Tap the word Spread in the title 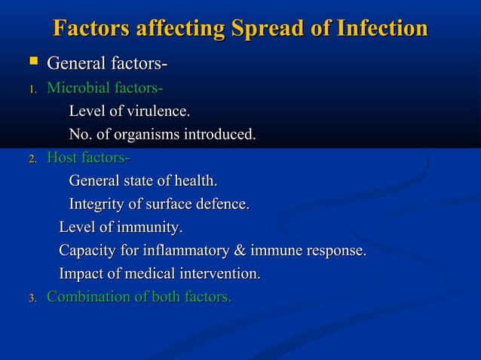[260, 29]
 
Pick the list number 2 [32, 160]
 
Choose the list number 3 [32, 299]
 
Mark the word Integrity [96, 205]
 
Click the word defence [222, 205]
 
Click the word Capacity [87, 251]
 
